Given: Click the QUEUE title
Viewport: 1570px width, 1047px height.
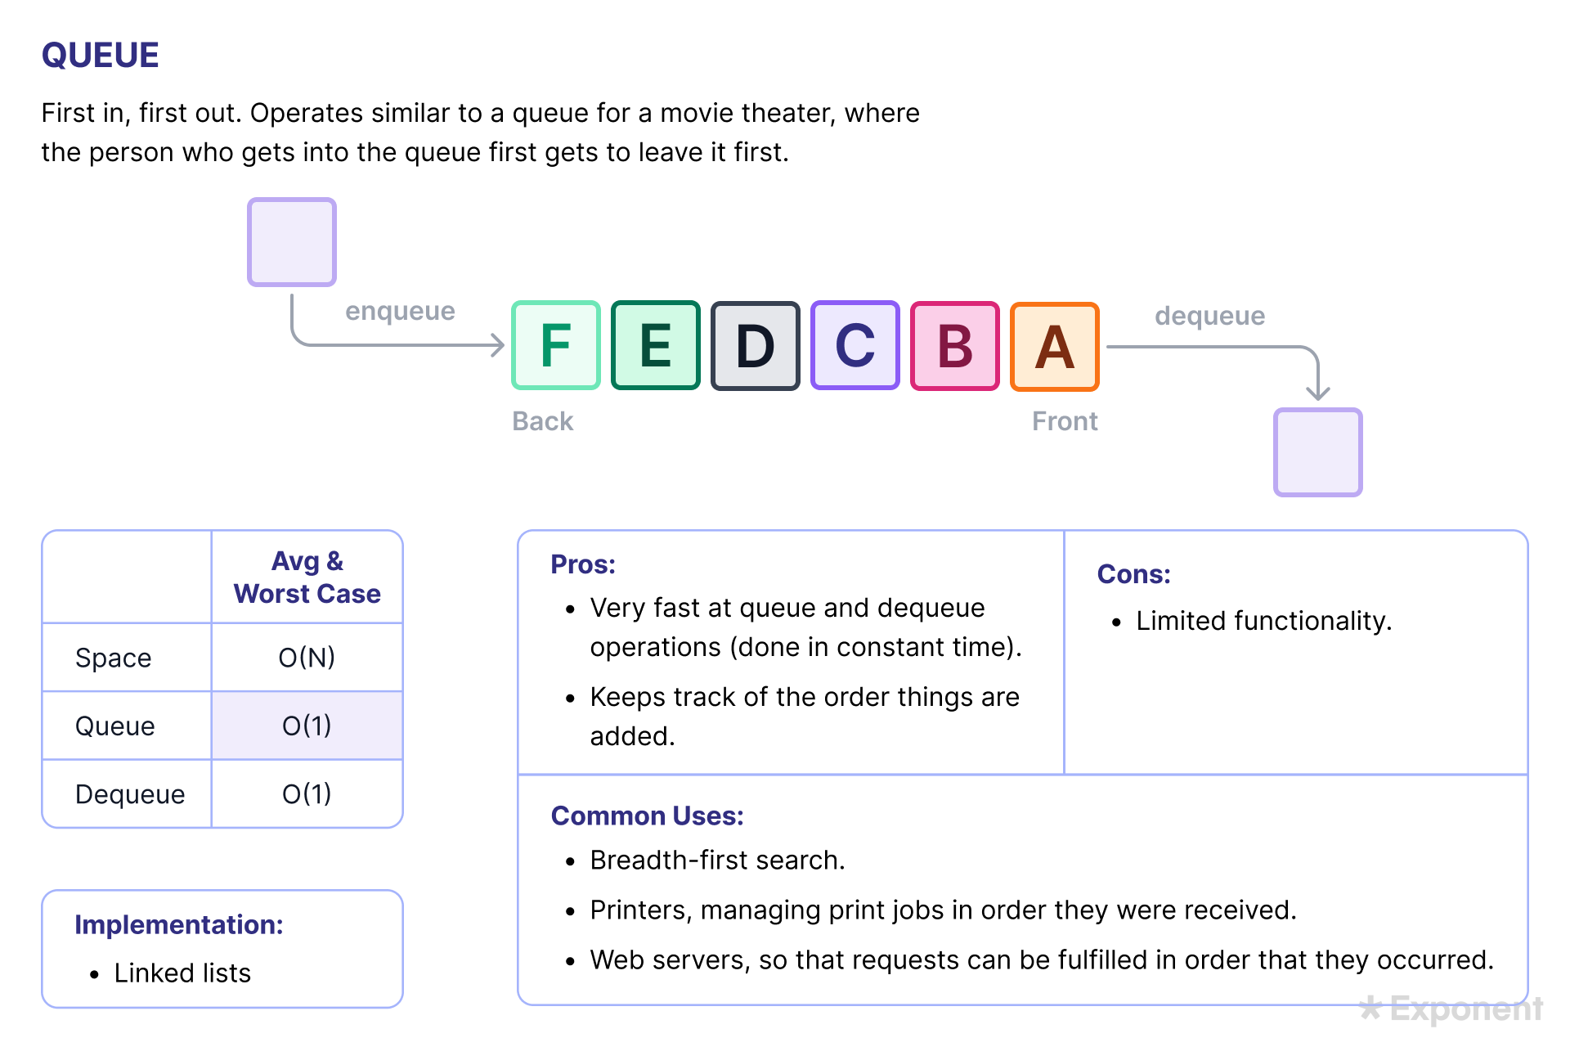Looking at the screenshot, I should pos(101,56).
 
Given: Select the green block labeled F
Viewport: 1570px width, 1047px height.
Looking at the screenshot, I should pos(556,345).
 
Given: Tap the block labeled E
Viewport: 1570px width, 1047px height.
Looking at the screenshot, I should pos(656,345).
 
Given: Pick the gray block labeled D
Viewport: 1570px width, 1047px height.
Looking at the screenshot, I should pos(756,346).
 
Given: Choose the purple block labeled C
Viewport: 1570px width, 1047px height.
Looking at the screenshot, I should pos(855,345).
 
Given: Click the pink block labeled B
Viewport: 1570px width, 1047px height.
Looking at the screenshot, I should pos(955,346).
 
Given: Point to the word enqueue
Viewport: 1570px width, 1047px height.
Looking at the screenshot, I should pos(400,312).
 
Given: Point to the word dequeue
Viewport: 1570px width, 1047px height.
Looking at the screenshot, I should pos(1209,316).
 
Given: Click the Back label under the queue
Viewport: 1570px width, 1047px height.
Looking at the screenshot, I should pos(543,421).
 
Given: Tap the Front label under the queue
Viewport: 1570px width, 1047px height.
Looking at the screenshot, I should pos(1065,421).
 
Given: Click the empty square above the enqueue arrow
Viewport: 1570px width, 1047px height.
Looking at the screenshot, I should pos(292,242).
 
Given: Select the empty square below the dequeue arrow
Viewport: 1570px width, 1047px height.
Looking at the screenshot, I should pos(1318,452).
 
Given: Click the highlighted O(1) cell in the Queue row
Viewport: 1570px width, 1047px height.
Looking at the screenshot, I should pos(307,726).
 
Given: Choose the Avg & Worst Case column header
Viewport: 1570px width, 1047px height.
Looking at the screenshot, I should pos(307,577).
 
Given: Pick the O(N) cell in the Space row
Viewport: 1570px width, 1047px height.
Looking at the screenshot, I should pos(307,658).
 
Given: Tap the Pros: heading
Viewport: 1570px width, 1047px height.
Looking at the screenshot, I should pos(583,564).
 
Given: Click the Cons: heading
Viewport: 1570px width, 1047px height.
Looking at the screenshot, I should pos(1133,574).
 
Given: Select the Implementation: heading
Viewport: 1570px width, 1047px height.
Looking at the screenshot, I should pos(179,925).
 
